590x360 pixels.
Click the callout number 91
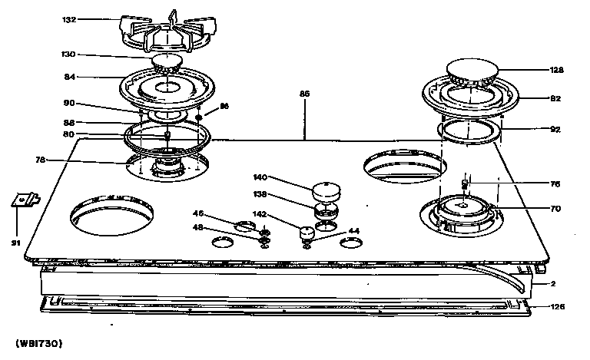(x=14, y=244)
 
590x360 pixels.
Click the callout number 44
(x=354, y=231)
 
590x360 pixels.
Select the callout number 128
(x=557, y=70)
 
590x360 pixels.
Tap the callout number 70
(x=556, y=207)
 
